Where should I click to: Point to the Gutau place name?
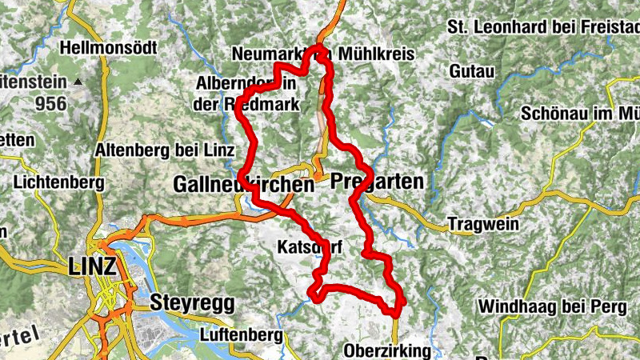[x=467, y=72]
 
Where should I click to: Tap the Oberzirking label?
[x=386, y=350]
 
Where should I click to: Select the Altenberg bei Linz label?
[x=164, y=150]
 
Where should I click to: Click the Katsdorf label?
[x=310, y=247]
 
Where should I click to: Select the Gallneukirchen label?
[x=243, y=185]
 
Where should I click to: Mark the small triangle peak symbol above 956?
[x=78, y=82]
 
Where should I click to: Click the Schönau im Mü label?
[x=579, y=114]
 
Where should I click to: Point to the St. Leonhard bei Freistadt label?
[x=544, y=27]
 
